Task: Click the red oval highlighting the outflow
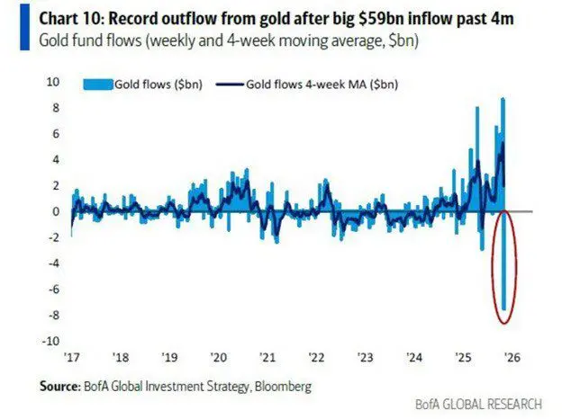[494, 266]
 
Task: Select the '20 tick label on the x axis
[220, 354]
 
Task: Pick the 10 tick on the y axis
[53, 82]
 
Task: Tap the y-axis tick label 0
[56, 212]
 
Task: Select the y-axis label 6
[56, 133]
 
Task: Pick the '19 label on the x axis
[169, 354]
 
